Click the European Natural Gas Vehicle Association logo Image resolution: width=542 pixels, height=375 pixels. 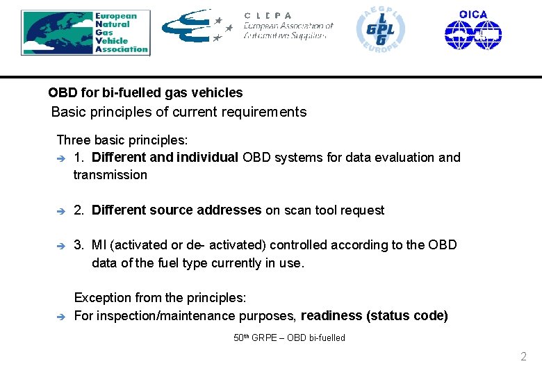pyautogui.click(x=85, y=32)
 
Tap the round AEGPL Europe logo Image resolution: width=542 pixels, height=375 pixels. pyautogui.click(x=380, y=30)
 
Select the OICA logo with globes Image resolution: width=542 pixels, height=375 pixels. pyautogui.click(x=473, y=30)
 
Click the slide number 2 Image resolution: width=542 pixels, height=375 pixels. pyautogui.click(x=523, y=357)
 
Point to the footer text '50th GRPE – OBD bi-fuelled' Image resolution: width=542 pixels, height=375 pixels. pyautogui.click(x=289, y=338)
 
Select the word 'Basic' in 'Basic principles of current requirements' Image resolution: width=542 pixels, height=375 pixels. pyautogui.click(x=67, y=112)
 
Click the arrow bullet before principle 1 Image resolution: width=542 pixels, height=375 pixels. pyautogui.click(x=60, y=158)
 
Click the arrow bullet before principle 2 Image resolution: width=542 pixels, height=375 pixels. pyautogui.click(x=60, y=210)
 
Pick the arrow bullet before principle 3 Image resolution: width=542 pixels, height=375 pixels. pyautogui.click(x=60, y=245)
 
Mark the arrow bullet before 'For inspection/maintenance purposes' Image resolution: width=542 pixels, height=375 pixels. pyautogui.click(x=60, y=317)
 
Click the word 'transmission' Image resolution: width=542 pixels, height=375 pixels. pyautogui.click(x=110, y=175)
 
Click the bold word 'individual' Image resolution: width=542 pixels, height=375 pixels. pyautogui.click(x=207, y=157)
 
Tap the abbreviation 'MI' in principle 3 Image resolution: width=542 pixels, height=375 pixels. pyautogui.click(x=99, y=244)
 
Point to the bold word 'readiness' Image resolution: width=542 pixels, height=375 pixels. pyautogui.click(x=331, y=316)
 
